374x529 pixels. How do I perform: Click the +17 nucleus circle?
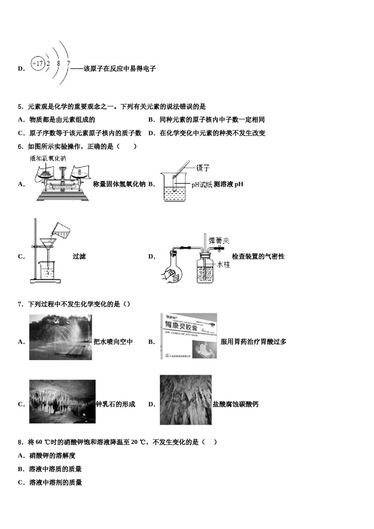point(38,63)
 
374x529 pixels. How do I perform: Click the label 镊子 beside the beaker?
point(203,168)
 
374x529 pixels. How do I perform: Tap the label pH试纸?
point(202,184)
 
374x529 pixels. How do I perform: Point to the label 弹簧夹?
point(219,240)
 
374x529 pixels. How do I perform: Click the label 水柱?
point(223,264)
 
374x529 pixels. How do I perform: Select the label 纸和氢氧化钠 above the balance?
point(48,158)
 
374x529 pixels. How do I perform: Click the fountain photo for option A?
point(61,337)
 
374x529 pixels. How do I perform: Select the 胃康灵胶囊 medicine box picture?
point(189,336)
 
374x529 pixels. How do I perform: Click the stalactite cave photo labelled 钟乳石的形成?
point(62,401)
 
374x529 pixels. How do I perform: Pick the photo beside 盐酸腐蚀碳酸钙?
point(185,400)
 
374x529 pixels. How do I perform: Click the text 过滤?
point(79,257)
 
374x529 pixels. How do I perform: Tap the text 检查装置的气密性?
point(258,257)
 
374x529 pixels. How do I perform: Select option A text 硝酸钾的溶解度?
point(52,456)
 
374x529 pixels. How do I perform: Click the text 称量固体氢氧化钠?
point(119,184)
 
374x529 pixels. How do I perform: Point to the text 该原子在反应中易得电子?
point(120,69)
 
